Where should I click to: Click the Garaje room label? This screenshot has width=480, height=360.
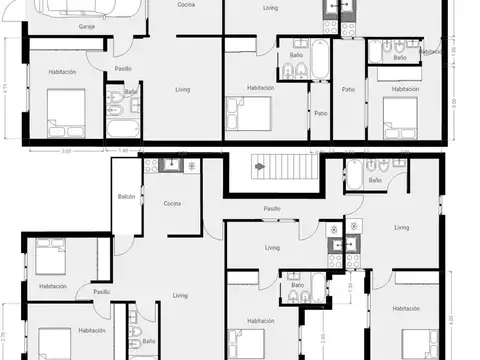click(x=87, y=28)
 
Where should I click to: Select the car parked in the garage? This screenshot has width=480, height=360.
click(x=84, y=9)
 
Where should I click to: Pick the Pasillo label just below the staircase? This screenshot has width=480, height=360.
click(x=272, y=209)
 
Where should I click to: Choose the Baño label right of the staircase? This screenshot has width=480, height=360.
click(x=375, y=181)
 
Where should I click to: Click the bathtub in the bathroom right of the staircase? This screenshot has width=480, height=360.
click(x=355, y=176)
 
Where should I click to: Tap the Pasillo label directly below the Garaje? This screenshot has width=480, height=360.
click(x=122, y=68)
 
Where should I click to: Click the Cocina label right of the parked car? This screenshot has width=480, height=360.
click(x=186, y=5)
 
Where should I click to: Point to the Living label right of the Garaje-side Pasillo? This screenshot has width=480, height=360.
click(x=183, y=90)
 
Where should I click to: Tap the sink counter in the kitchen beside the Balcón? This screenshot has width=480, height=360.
click(x=170, y=165)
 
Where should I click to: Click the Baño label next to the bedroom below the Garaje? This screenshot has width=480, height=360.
click(x=131, y=92)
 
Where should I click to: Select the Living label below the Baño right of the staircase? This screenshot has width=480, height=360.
click(x=402, y=228)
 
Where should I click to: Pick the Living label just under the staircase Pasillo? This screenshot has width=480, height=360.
click(x=272, y=248)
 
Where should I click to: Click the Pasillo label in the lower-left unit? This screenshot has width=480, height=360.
click(x=102, y=291)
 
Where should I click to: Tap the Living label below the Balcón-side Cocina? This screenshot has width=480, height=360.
click(x=180, y=295)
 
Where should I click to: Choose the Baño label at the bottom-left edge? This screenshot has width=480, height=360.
click(x=148, y=341)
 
